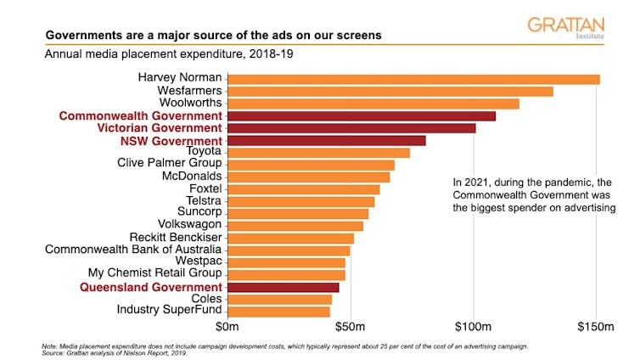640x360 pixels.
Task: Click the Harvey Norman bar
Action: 413,79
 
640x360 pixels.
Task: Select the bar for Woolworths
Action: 373,104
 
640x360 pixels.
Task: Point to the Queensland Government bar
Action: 283,287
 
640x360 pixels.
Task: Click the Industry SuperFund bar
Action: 278,312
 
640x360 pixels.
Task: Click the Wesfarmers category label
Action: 189,91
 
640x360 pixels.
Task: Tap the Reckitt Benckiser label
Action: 175,238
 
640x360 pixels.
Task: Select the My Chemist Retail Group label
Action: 154,274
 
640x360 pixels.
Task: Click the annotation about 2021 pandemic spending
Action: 534,194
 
